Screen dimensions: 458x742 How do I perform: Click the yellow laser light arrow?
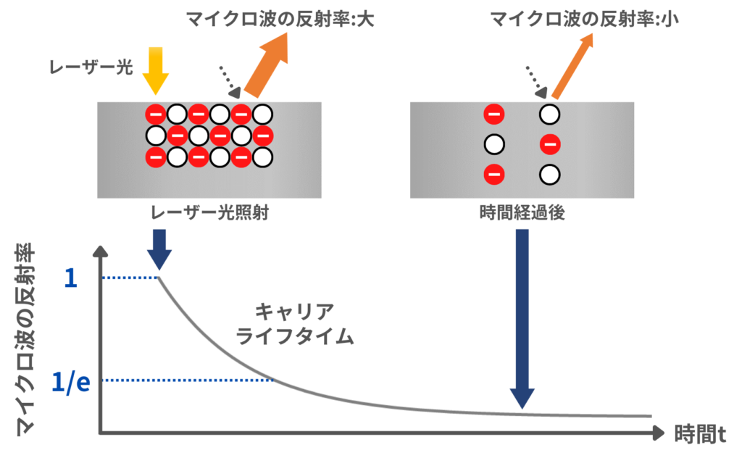tap(156, 69)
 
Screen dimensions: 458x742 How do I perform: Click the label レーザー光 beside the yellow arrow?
tap(91, 67)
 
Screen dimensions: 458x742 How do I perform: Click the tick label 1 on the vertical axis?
tap(70, 278)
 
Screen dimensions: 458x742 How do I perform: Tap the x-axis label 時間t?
tap(700, 433)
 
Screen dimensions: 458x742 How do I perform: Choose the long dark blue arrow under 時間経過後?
tap(523, 319)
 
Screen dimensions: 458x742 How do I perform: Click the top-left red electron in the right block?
tap(494, 114)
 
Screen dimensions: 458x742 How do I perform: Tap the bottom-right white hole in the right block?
tap(550, 174)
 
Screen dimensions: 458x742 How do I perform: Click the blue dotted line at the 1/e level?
tap(188, 380)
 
